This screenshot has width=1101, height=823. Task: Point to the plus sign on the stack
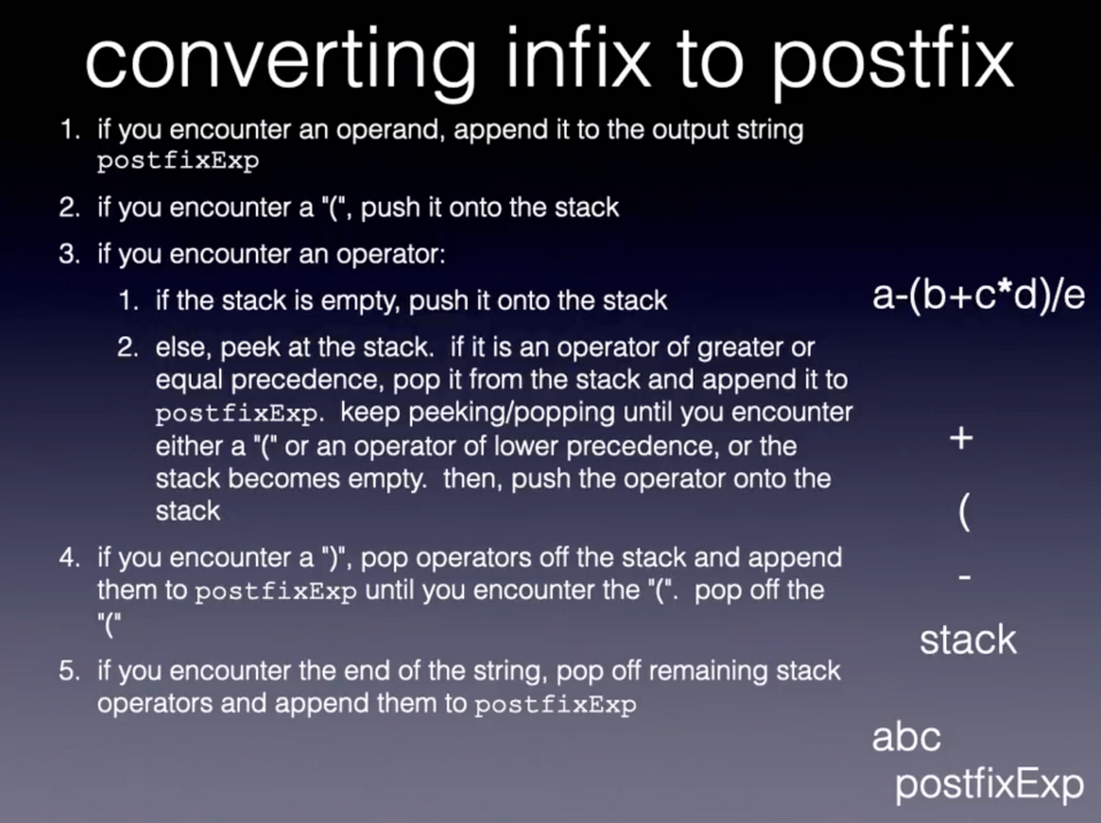[x=961, y=439]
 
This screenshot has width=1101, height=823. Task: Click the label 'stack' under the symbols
[x=968, y=639]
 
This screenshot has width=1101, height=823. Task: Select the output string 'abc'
[x=906, y=737]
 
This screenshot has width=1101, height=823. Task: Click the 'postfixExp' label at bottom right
[x=989, y=785]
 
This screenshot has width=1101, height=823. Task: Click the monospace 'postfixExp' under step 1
[x=179, y=161]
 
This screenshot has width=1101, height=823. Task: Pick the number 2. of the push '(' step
[x=70, y=207]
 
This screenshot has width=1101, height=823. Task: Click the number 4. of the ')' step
[x=70, y=557]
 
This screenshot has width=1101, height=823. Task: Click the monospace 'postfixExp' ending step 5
[x=554, y=705]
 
